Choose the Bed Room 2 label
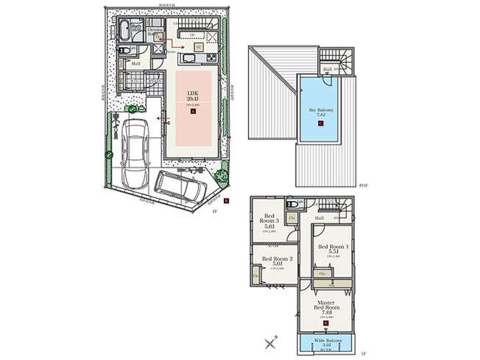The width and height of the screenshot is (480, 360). pyautogui.click(x=277, y=261)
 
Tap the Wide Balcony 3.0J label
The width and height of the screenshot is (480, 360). pyautogui.click(x=325, y=343)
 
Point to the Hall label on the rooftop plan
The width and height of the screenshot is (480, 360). pyautogui.click(x=326, y=70)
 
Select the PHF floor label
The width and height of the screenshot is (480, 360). pyautogui.click(x=363, y=186)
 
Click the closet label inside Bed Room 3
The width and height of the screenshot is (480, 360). pyautogui.click(x=292, y=219)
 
